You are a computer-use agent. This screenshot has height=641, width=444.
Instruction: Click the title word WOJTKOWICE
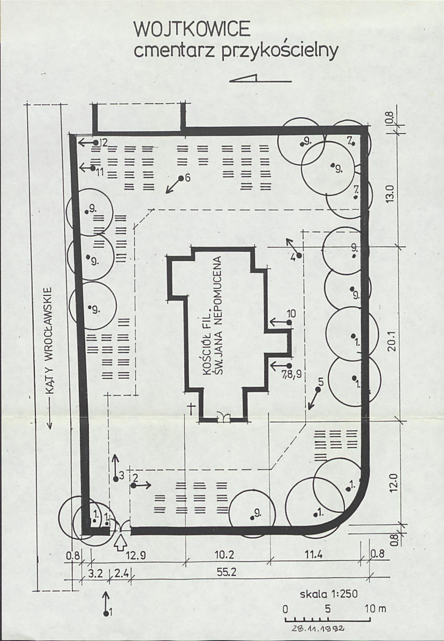(192, 29)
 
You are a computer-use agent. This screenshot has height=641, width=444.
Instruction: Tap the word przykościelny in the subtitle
(280, 51)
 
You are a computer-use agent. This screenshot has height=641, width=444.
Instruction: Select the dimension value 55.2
(227, 572)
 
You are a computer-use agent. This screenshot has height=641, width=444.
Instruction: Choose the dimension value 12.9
(137, 555)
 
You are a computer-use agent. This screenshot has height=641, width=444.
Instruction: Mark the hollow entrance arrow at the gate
(121, 543)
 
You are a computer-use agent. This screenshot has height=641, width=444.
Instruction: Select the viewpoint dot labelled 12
(96, 142)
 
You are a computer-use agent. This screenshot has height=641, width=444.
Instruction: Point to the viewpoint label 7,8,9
(291, 374)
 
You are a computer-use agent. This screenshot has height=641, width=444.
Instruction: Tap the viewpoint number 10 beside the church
(291, 314)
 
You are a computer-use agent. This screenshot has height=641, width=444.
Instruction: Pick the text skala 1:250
(329, 594)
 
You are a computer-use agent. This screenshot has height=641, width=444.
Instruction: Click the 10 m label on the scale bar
(375, 609)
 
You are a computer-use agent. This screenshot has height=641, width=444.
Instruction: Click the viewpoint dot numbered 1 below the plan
(107, 613)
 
